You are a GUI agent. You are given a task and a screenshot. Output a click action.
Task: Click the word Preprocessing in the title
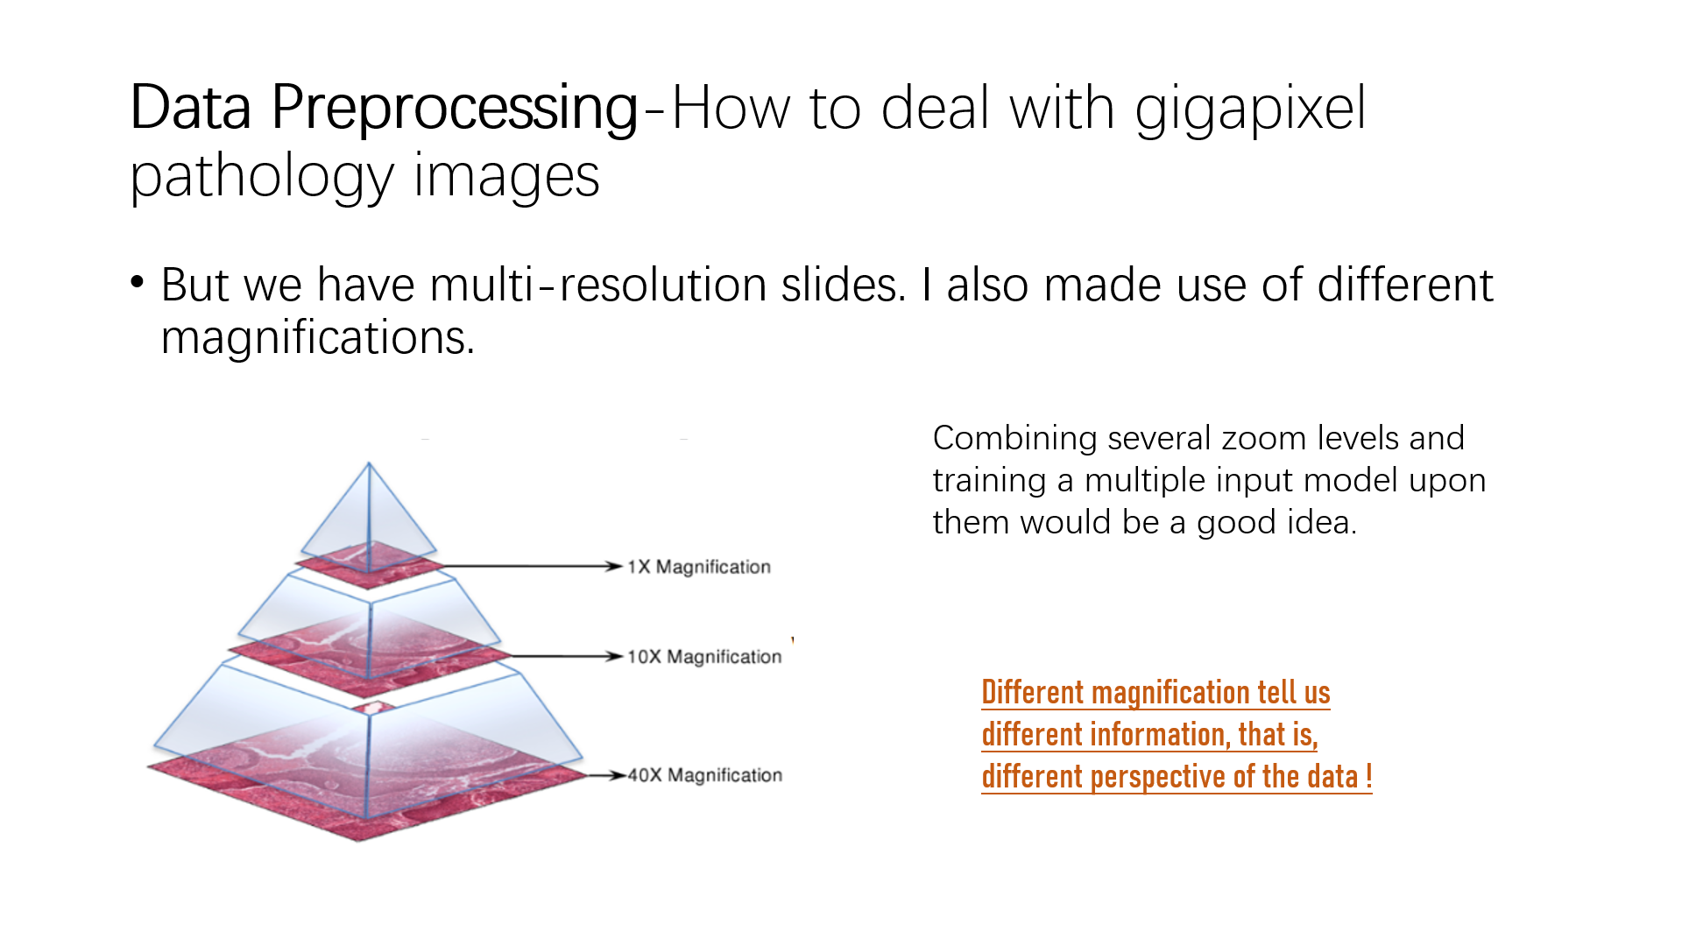pyautogui.click(x=454, y=109)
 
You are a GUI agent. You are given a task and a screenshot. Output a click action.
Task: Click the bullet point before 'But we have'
pyautogui.click(x=137, y=282)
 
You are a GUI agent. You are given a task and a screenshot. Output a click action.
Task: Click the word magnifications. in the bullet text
pyautogui.click(x=318, y=337)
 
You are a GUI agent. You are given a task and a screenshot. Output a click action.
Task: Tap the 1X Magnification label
pyautogui.click(x=699, y=567)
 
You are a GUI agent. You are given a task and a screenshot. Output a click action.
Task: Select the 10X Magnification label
pyautogui.click(x=704, y=657)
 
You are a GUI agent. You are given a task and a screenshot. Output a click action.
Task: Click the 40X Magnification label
pyautogui.click(x=704, y=775)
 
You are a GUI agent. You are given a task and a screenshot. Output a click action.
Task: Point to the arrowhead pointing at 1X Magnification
pyautogui.click(x=615, y=567)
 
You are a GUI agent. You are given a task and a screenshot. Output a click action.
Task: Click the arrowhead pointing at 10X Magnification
pyautogui.click(x=615, y=656)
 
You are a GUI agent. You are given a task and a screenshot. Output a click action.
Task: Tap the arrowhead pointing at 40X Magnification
pyautogui.click(x=618, y=775)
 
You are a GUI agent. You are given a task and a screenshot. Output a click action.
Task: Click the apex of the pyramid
pyautogui.click(x=369, y=463)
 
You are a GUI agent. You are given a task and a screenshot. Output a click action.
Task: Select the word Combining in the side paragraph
pyautogui.click(x=1015, y=438)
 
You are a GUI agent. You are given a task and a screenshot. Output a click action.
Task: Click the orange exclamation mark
pyautogui.click(x=1368, y=776)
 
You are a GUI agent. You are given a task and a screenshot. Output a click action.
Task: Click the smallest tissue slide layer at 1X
pyautogui.click(x=368, y=565)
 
